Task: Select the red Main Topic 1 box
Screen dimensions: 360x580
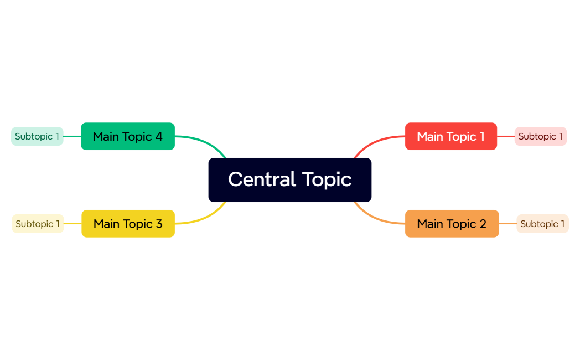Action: [450, 136]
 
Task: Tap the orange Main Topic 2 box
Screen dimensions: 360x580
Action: [452, 224]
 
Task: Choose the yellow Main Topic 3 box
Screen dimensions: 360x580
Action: [128, 224]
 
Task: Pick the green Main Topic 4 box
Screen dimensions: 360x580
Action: [128, 136]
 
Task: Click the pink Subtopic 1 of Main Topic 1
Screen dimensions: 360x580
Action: [540, 136]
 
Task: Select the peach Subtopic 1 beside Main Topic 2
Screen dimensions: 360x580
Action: [542, 224]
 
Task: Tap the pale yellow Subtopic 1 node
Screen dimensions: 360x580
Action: [38, 224]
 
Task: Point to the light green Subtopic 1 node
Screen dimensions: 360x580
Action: [37, 136]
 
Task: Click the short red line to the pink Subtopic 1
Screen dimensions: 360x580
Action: [506, 136]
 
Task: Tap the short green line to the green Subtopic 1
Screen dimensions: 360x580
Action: [72, 136]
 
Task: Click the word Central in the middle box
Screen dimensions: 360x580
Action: [262, 179]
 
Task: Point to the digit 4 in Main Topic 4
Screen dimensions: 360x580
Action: [159, 136]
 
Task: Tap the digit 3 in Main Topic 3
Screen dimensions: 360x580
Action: [159, 224]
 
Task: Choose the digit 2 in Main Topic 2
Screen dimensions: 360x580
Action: [483, 224]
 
